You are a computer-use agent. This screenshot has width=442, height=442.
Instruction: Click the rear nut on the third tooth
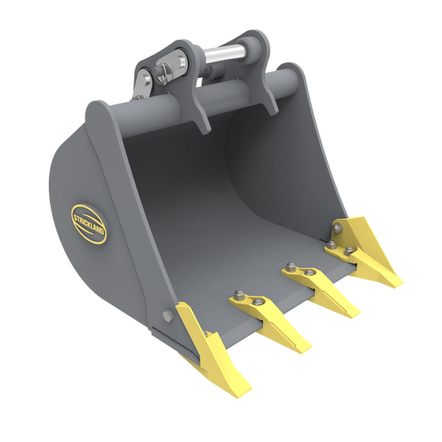click(289, 266)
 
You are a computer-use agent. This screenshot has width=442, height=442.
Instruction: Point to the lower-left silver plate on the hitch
click(144, 81)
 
